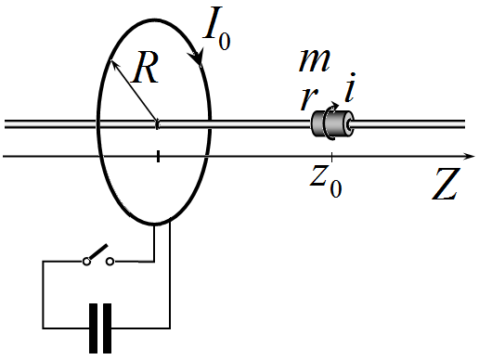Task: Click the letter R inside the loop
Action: pyautogui.click(x=145, y=68)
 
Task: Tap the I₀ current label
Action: pyautogui.click(x=216, y=29)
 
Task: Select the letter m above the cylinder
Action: pyautogui.click(x=315, y=60)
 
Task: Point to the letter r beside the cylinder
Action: pyautogui.click(x=308, y=99)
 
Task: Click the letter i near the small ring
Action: pyautogui.click(x=350, y=88)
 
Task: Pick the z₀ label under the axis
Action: pyautogui.click(x=326, y=181)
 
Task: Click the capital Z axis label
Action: pyautogui.click(x=445, y=185)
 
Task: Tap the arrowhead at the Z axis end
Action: pyautogui.click(x=470, y=156)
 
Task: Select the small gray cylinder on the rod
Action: pyautogui.click(x=332, y=123)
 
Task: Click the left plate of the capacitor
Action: pyautogui.click(x=93, y=328)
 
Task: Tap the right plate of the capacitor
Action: pyautogui.click(x=107, y=328)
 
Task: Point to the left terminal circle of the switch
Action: pyautogui.click(x=86, y=262)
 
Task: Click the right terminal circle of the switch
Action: pyautogui.click(x=110, y=262)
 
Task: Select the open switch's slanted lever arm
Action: pyautogui.click(x=97, y=251)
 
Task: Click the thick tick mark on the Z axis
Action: pyautogui.click(x=158, y=156)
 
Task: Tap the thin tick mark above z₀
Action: pyautogui.click(x=332, y=157)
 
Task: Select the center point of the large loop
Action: pyautogui.click(x=157, y=123)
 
